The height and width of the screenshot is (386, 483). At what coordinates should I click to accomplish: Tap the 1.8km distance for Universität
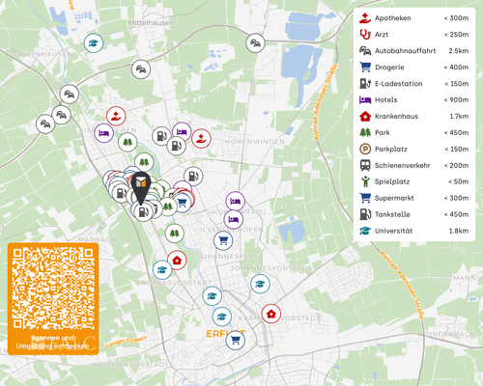point(458,232)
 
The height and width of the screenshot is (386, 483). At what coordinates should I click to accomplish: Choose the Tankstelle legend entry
point(395,214)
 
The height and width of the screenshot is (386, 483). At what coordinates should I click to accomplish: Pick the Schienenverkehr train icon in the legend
point(364,165)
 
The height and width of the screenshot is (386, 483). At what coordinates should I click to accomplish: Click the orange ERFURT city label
point(225,334)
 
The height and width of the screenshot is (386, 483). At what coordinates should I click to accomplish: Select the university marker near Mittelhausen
point(93,42)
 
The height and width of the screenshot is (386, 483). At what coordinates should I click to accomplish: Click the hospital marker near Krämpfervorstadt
point(271,314)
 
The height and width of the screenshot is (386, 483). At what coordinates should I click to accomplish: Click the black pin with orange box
point(141,186)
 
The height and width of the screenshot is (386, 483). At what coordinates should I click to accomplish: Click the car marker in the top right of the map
point(255,42)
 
